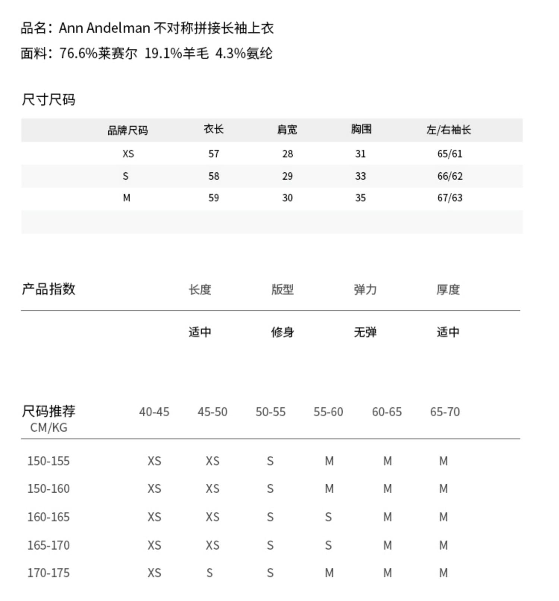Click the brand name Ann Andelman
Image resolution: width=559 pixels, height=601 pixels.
(104, 28)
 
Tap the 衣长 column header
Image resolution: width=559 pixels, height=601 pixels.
(214, 129)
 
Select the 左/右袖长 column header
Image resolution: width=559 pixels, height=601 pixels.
(449, 129)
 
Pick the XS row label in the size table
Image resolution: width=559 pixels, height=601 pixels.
(128, 154)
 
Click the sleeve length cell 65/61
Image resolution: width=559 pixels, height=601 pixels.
(450, 154)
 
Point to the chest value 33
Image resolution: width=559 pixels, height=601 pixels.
(360, 176)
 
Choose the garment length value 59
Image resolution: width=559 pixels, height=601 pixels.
(214, 198)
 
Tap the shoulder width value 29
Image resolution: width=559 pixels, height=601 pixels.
(287, 176)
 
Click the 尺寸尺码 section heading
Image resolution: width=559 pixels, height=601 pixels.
(48, 100)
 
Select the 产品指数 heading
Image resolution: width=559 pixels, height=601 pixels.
(48, 289)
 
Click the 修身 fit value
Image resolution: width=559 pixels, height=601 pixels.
(282, 332)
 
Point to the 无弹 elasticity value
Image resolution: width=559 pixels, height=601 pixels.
(365, 332)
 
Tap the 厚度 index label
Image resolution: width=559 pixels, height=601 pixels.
(448, 289)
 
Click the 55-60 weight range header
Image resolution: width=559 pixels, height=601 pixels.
(328, 412)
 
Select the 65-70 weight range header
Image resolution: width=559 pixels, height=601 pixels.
(445, 412)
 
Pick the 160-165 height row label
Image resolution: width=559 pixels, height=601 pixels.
(48, 517)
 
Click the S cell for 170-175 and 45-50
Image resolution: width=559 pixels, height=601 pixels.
(210, 573)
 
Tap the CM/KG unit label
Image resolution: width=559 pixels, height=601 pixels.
(48, 427)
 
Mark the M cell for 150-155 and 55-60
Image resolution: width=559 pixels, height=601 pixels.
(329, 461)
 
